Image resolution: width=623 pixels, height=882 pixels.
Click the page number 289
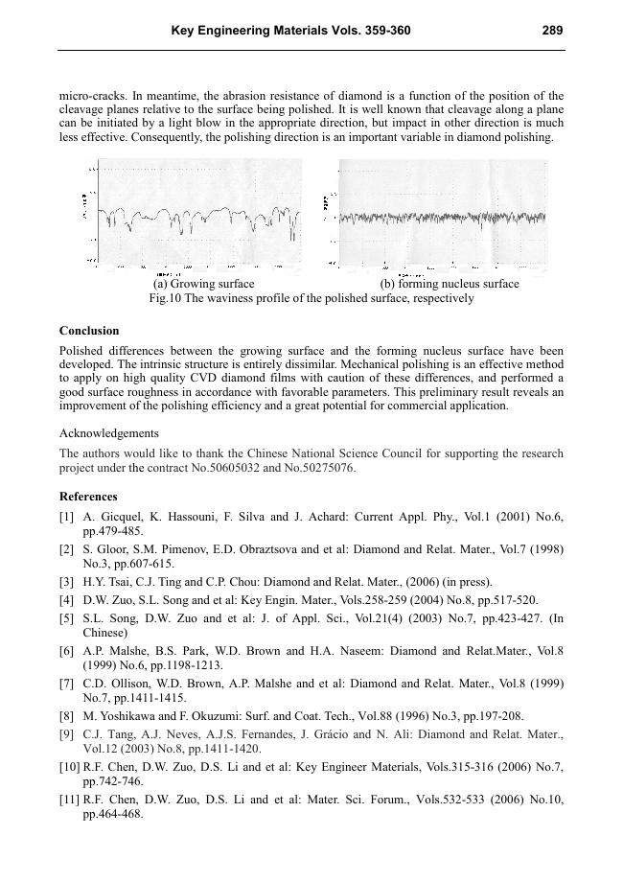[552, 31]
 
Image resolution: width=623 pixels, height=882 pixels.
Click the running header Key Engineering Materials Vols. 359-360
[290, 31]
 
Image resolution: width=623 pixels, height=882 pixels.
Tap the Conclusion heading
[89, 331]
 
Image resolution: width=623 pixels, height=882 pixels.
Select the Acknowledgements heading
[109, 433]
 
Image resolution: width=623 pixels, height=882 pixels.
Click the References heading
[88, 497]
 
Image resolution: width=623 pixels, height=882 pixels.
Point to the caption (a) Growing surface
[204, 284]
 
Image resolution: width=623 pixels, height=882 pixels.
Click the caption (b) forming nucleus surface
[450, 284]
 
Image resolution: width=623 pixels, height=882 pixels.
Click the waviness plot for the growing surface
[197, 219]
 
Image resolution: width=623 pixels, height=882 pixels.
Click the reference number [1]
[66, 518]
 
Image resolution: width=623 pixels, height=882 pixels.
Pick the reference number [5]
[66, 619]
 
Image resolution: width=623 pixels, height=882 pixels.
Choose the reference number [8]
[66, 715]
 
